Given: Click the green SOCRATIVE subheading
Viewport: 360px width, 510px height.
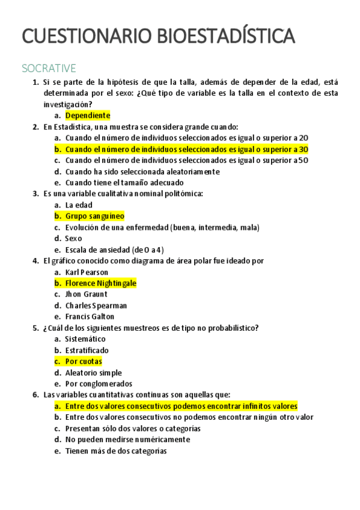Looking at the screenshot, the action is click(x=48, y=67).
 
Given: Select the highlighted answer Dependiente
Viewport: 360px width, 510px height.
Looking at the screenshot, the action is click(x=88, y=115).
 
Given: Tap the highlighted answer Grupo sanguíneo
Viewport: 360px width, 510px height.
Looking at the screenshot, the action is click(x=94, y=216).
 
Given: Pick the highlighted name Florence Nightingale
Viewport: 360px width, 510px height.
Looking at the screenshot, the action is click(x=101, y=283).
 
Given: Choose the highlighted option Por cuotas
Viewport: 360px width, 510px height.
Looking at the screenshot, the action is click(x=84, y=361).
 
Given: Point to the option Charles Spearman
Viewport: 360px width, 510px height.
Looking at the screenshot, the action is click(x=96, y=306).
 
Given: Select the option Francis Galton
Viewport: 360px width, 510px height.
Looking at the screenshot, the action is click(x=90, y=317).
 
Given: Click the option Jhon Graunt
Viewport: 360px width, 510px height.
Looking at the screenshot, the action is click(x=86, y=295).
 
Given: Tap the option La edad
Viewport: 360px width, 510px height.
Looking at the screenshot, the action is click(x=79, y=205).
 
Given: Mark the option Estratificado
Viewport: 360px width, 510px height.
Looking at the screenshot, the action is click(x=87, y=350).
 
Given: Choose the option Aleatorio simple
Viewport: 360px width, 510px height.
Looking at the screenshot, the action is click(x=93, y=373).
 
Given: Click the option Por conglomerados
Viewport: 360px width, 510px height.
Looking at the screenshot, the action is click(x=99, y=384).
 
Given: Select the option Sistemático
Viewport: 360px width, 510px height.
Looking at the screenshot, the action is click(x=85, y=339).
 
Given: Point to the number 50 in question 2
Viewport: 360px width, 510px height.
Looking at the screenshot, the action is click(x=304, y=161).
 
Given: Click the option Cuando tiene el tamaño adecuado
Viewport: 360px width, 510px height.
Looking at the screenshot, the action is click(x=124, y=183).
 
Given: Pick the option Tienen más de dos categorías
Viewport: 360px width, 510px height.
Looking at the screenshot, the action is click(x=116, y=451).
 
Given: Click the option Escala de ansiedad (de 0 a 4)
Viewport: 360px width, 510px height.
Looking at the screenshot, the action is click(x=115, y=250).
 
